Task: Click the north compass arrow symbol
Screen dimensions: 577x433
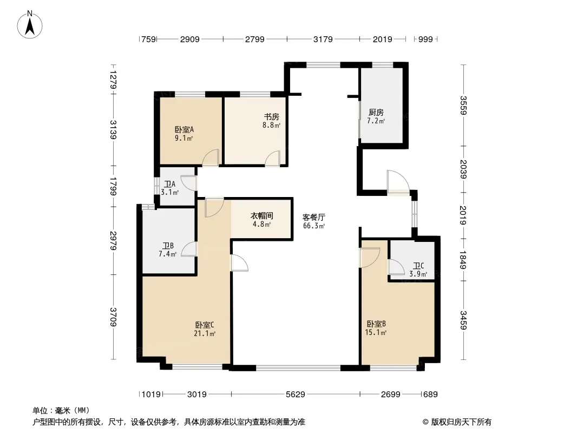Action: (x=30, y=25)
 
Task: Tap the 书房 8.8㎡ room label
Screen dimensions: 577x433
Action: (x=272, y=121)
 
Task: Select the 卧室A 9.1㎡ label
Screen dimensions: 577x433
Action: (x=184, y=134)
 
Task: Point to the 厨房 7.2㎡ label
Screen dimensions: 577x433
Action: (x=376, y=116)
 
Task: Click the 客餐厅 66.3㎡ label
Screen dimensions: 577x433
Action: (x=314, y=221)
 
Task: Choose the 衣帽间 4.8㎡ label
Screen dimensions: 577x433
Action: (x=262, y=219)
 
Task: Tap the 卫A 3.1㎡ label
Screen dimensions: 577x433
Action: (x=170, y=188)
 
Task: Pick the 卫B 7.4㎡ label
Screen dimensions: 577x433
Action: (x=168, y=250)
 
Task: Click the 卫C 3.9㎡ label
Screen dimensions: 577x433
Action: (x=418, y=270)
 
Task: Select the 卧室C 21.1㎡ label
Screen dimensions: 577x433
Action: (x=205, y=329)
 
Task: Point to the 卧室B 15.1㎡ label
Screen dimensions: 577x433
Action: (x=376, y=328)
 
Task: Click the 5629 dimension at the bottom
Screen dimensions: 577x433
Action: (x=296, y=395)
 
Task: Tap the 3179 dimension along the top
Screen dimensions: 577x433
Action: (x=323, y=39)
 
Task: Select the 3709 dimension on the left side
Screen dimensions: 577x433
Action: (x=113, y=317)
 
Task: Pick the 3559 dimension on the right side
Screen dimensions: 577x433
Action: (x=463, y=105)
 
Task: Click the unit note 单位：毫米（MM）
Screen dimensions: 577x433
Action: (x=61, y=410)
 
